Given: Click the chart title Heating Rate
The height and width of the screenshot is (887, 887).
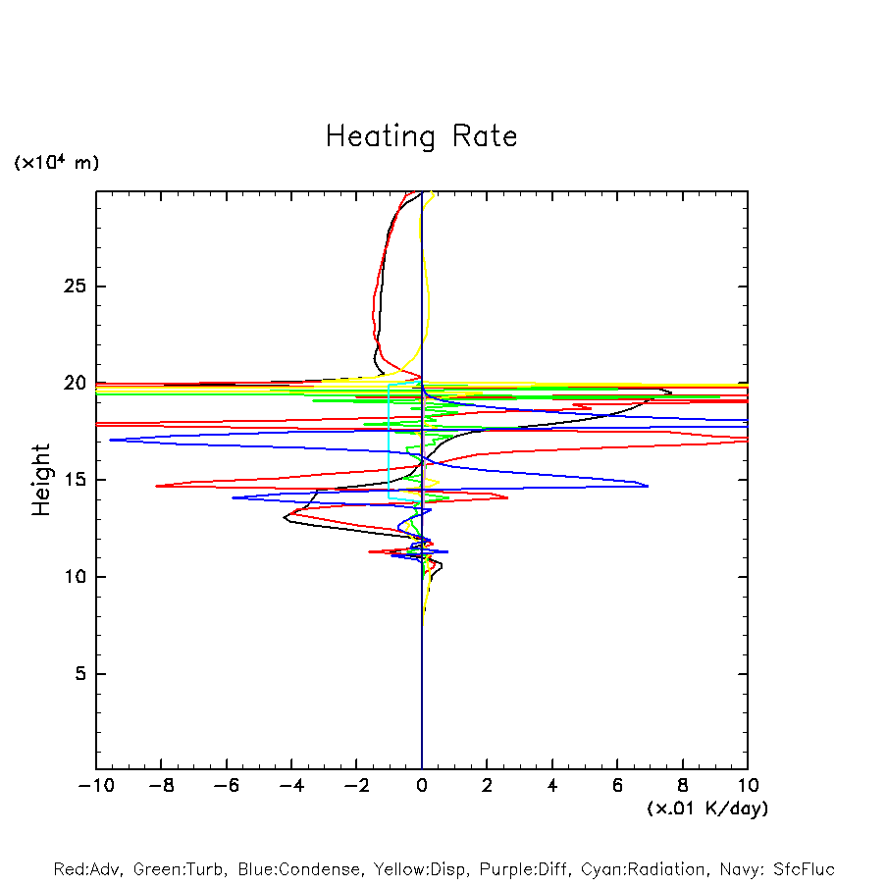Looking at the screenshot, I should (421, 136).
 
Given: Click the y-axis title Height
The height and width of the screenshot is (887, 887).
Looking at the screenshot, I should (41, 480).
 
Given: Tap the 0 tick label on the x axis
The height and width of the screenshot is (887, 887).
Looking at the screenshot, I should (422, 786).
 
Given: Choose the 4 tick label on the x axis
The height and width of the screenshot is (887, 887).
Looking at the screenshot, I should (552, 786).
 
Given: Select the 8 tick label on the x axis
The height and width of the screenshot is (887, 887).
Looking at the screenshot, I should (683, 786).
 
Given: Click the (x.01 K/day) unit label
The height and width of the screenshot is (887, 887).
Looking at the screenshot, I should (706, 809).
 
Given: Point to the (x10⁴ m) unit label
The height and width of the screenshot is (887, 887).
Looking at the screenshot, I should (56, 163).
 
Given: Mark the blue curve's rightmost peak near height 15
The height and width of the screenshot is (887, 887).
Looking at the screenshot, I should (648, 485).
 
